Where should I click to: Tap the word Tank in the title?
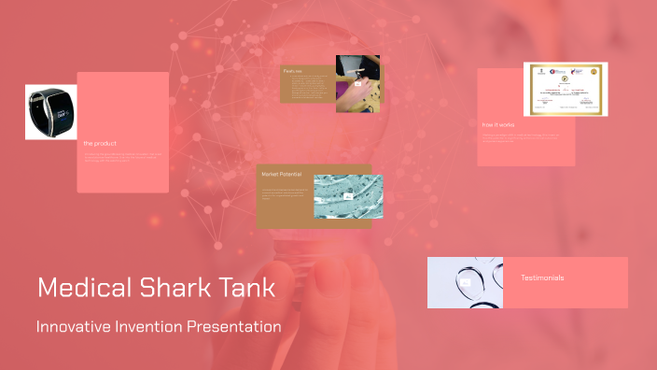(238, 288)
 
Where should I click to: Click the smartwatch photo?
(51, 113)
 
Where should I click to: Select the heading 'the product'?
(101, 143)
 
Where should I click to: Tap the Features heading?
(293, 70)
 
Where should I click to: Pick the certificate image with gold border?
(566, 90)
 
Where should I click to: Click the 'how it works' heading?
(499, 124)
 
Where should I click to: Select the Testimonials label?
(542, 277)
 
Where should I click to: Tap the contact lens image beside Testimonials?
(465, 282)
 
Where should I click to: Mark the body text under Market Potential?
(285, 193)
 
